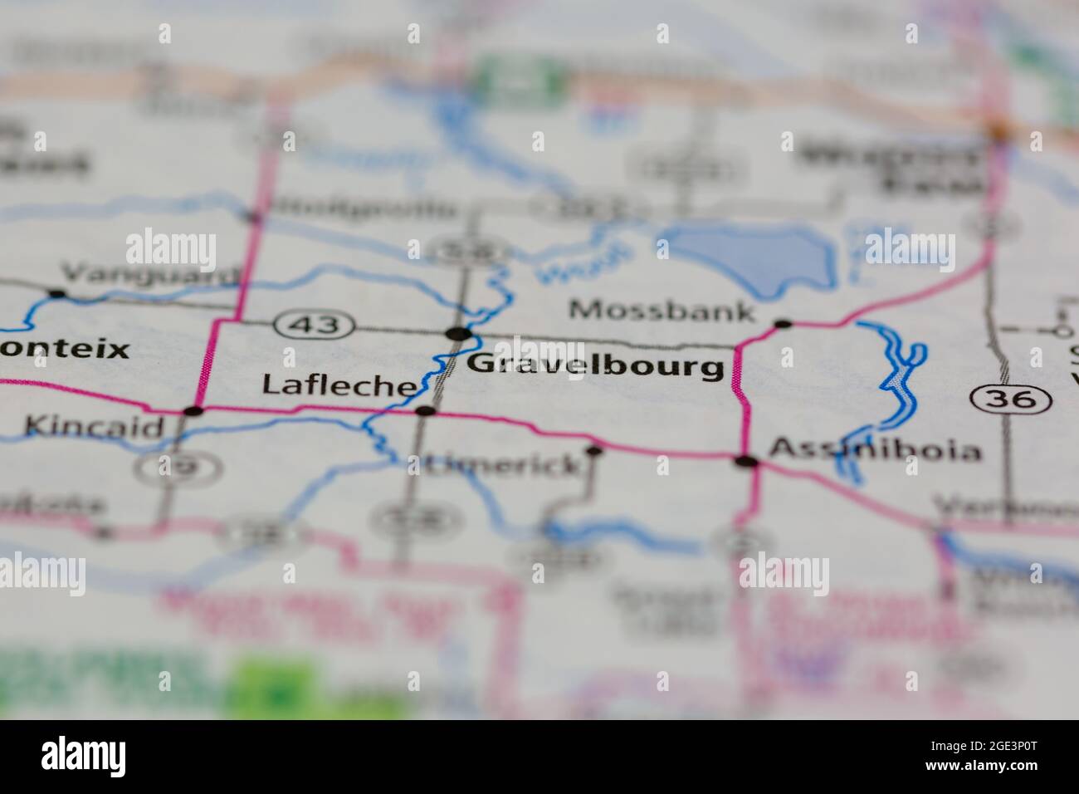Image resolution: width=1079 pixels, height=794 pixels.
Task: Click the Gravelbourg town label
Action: tap(595, 366)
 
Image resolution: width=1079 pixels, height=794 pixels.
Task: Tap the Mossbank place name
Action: tap(662, 311)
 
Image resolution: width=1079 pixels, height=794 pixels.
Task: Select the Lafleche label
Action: tap(339, 385)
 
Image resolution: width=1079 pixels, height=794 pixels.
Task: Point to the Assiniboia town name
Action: tap(875, 451)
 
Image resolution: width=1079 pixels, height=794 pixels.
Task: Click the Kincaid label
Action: tap(94, 427)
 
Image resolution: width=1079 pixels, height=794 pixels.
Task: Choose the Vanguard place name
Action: tap(149, 274)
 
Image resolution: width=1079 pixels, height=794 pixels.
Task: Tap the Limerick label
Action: tap(504, 465)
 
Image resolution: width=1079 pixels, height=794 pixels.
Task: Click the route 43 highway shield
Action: tap(316, 325)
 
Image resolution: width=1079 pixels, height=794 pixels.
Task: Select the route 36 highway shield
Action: tap(1010, 399)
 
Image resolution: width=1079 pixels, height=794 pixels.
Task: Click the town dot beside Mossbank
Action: tap(782, 323)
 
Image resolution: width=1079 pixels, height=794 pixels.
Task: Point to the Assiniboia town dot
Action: tap(747, 461)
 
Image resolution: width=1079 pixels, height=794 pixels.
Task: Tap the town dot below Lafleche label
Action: tap(426, 410)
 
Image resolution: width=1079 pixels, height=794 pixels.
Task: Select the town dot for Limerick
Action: tap(594, 451)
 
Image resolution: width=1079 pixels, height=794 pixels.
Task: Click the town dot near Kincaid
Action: tap(193, 410)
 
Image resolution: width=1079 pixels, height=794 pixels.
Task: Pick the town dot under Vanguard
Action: tap(56, 293)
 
